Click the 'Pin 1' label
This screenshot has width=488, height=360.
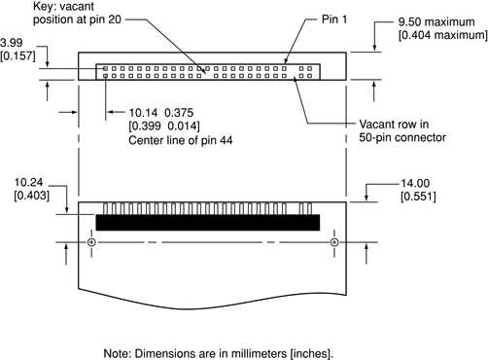point(334,19)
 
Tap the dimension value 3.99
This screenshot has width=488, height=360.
point(12,43)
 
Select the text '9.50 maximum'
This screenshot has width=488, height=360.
point(436,22)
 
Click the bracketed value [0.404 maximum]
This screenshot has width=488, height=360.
point(442,35)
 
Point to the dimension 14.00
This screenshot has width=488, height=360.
point(415,183)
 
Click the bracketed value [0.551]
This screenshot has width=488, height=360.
point(418,197)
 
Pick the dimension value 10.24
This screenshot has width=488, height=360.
point(28,182)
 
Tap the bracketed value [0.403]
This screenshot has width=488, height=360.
point(31,196)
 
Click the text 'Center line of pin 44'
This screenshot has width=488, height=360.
point(181,140)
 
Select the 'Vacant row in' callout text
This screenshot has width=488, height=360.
point(394,125)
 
